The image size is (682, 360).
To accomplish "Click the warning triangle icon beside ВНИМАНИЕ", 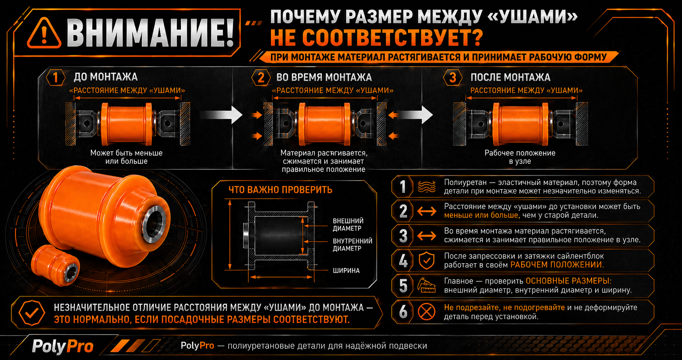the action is [44, 33].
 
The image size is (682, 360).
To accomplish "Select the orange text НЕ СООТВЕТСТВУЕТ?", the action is [376, 38].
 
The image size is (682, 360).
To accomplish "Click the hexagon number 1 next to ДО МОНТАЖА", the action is [55, 77].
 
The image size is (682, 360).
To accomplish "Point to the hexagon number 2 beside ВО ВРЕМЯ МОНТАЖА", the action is [261, 77].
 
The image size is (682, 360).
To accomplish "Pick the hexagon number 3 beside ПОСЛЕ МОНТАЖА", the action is [453, 77].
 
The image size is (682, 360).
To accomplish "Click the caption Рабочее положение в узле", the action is [520, 157].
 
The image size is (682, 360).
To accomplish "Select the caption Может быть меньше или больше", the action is [126, 157].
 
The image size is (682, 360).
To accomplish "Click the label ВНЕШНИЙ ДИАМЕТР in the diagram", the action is [348, 224].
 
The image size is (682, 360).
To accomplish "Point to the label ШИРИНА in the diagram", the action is [346, 271].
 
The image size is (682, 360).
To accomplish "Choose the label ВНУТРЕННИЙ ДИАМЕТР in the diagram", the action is [352, 245].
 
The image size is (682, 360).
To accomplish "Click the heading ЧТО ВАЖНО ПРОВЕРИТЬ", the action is [280, 190].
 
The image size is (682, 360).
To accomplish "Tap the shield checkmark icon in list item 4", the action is [426, 260].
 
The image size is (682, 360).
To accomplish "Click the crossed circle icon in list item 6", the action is [426, 312].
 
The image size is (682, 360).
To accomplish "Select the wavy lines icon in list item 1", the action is [426, 187].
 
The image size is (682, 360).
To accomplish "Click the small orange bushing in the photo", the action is [55, 265].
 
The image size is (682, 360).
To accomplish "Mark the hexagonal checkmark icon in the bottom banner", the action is [32, 313].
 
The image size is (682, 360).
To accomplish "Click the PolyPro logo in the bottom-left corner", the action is [62, 347].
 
